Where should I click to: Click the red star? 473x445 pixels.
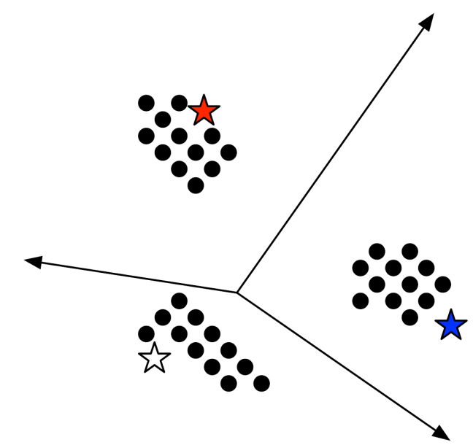pyautogui.click(x=204, y=111)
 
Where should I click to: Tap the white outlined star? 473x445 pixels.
pyautogui.click(x=154, y=358)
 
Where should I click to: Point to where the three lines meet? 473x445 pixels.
pyautogui.click(x=237, y=293)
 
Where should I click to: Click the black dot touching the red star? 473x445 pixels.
pyautogui.click(x=179, y=103)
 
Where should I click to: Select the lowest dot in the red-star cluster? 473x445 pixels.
pyautogui.click(x=196, y=185)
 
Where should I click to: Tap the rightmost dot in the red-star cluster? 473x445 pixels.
pyautogui.click(x=228, y=152)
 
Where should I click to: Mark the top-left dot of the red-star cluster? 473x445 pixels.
pyautogui.click(x=146, y=103)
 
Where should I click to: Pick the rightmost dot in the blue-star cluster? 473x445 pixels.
pyautogui.click(x=442, y=285)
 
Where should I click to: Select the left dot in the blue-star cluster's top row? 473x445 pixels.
pyautogui.click(x=377, y=252)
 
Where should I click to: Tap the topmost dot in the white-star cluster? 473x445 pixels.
pyautogui.click(x=179, y=300)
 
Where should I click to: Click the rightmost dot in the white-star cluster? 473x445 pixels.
pyautogui.click(x=261, y=383)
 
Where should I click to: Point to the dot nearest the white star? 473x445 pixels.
pyautogui.click(x=146, y=333)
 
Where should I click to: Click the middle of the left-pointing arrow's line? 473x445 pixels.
pyautogui.click(x=131, y=276)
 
